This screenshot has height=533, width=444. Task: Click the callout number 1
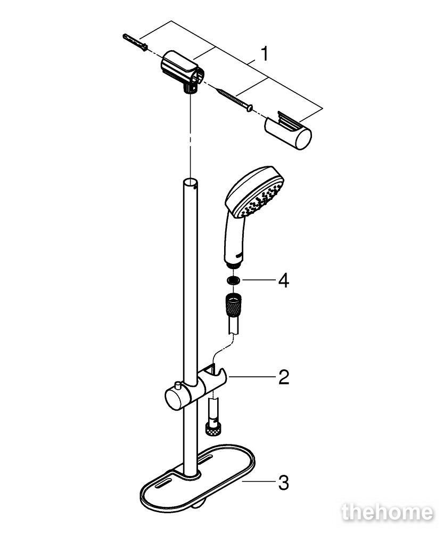click(264, 54)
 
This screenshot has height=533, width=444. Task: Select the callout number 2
click(284, 377)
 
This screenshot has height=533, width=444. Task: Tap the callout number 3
click(283, 483)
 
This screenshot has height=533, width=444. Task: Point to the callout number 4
click(283, 281)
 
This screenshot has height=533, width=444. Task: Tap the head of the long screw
click(250, 108)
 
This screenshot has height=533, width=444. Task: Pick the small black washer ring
click(234, 280)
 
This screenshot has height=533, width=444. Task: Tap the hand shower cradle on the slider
click(215, 377)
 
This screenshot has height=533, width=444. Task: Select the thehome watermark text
click(388, 512)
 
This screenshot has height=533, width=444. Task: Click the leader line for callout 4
click(258, 281)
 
